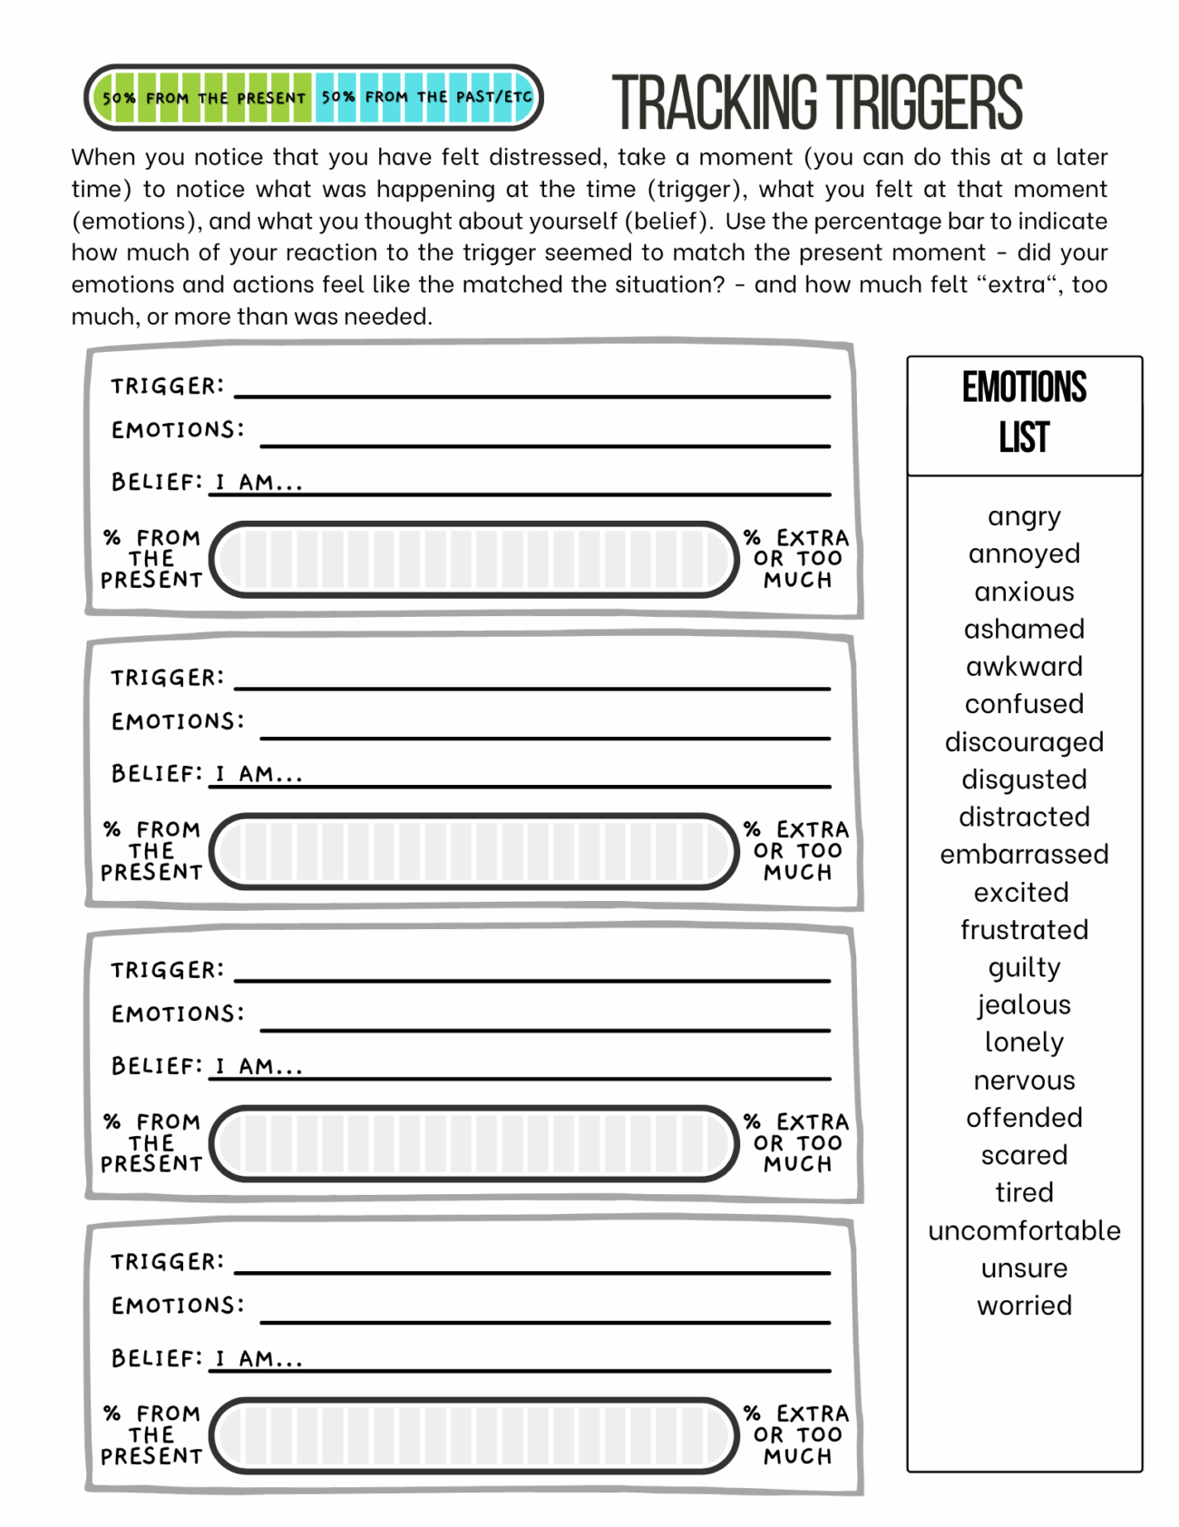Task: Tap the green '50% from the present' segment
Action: click(x=203, y=98)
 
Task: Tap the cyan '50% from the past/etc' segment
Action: click(x=426, y=97)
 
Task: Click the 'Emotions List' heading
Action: click(x=1024, y=413)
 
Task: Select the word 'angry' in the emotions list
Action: click(x=1024, y=517)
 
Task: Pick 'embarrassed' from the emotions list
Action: click(x=1024, y=855)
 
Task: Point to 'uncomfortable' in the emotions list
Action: click(x=1024, y=1231)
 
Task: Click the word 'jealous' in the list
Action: click(x=1024, y=1005)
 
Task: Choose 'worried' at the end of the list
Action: click(x=1024, y=1306)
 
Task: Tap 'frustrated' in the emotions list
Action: click(x=1024, y=930)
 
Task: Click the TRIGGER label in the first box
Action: click(x=167, y=387)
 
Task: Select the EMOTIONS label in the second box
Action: click(x=178, y=722)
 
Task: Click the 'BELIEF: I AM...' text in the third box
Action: click(x=207, y=1066)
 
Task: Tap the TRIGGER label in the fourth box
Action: click(x=167, y=1262)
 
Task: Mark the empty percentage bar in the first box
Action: click(x=474, y=560)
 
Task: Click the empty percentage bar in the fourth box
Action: click(x=474, y=1435)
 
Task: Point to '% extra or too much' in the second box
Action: click(x=796, y=851)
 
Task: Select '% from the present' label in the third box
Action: click(x=151, y=1143)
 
